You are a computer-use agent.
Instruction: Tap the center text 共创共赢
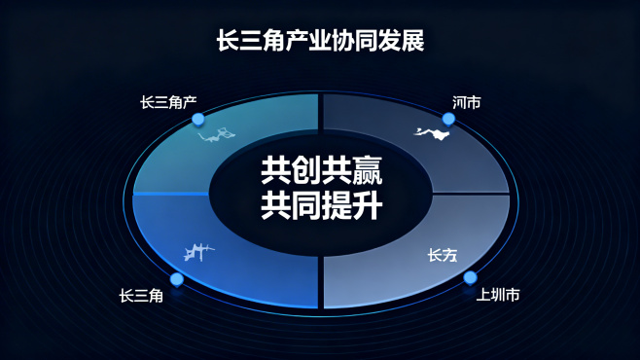tap(320, 172)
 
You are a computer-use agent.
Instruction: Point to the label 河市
tap(466, 101)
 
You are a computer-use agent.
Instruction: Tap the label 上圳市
tap(498, 294)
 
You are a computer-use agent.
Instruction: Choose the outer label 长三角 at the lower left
tap(141, 295)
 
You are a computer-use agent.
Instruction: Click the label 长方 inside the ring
tap(442, 255)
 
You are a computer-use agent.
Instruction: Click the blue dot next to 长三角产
tap(198, 120)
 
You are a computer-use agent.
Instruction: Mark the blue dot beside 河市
tap(448, 119)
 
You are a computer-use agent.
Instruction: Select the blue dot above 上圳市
tap(470, 277)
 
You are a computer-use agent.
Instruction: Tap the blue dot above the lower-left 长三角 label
tap(177, 279)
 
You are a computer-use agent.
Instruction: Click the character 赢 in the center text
tap(367, 172)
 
